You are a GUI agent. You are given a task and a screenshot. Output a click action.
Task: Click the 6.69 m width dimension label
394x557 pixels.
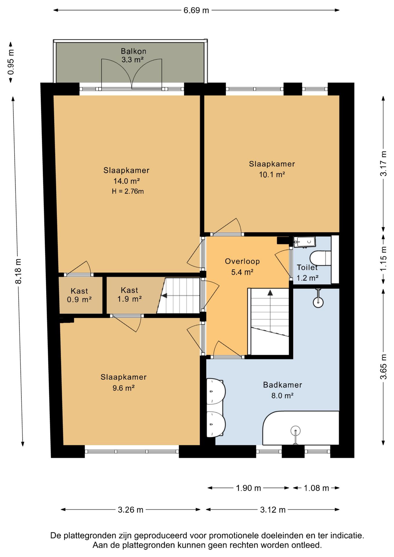pos(196,10)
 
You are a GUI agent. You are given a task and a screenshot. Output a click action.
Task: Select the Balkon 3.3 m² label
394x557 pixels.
pos(133,55)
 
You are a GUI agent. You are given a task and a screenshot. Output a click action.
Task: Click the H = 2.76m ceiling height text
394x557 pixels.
pos(128,191)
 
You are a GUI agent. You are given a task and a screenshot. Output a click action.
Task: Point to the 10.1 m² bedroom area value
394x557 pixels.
pos(272,175)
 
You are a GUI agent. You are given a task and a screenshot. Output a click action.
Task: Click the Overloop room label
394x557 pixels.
pos(242,261)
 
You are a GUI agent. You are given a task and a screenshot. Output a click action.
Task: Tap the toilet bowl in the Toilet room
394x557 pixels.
pos(321,258)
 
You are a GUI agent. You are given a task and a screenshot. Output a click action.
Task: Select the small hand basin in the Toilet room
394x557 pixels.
pos(304,242)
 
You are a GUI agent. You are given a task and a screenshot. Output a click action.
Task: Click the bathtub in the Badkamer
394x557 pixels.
pos(301,428)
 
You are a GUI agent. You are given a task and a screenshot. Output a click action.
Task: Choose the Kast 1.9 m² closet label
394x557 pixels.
pos(129,294)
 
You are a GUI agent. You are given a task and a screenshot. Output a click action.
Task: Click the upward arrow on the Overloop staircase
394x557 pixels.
pos(270,293)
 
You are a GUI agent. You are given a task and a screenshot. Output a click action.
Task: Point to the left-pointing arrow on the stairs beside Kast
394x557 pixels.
pos(164,296)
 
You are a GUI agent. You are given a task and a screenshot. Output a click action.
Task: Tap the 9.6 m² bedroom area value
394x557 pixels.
pos(124,388)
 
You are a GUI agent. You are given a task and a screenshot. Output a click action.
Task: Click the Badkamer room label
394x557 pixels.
pos(283,385)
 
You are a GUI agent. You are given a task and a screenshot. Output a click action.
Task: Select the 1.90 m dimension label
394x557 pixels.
pos(249,488)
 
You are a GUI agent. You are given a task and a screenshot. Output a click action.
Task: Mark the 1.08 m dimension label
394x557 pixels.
pos(316,488)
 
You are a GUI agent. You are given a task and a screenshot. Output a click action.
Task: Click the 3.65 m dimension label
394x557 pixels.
pos(384,367)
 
